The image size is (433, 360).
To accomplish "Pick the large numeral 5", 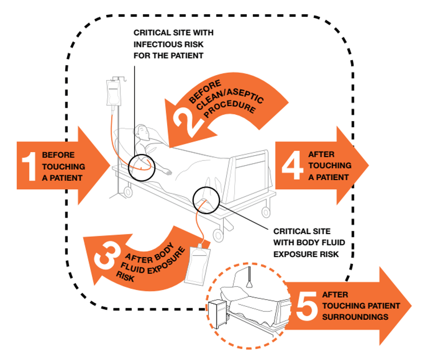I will tap(305, 306).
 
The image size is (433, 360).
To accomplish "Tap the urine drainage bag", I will tap(198, 263).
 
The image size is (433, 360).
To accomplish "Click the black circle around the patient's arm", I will tap(142, 167).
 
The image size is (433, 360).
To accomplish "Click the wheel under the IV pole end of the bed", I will tap(127, 192).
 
